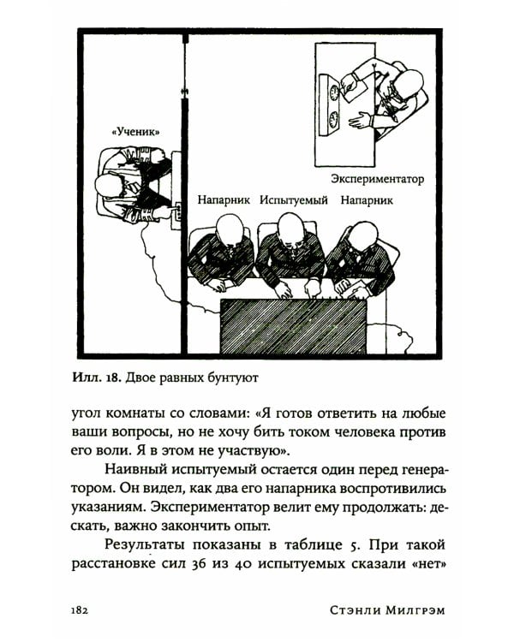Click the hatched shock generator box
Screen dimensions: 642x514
coord(293,325)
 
